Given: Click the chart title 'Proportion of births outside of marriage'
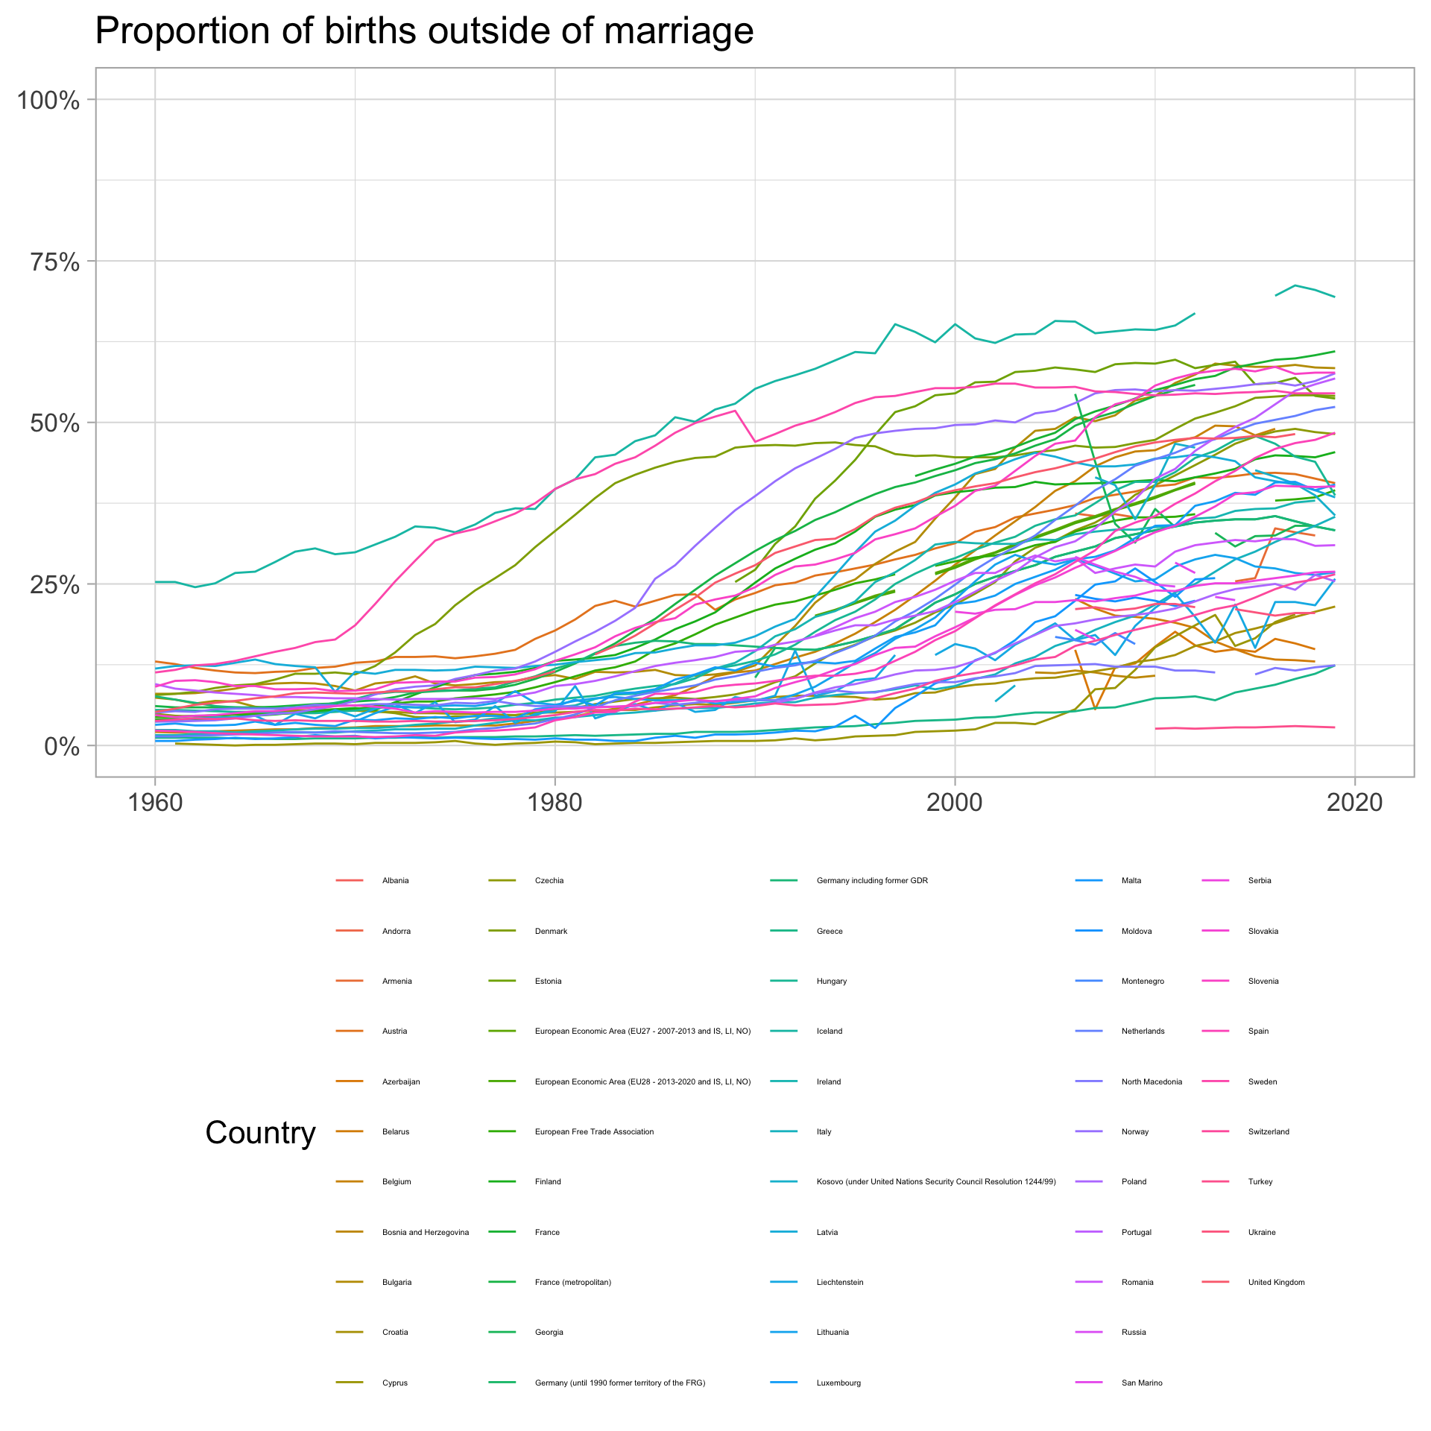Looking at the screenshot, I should [x=424, y=32].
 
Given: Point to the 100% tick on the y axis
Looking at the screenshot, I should [x=48, y=100].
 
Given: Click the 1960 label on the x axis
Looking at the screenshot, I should [x=155, y=803].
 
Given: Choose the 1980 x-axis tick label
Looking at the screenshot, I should [x=555, y=803].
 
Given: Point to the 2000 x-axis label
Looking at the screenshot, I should [x=955, y=803].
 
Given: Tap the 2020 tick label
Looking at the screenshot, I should [x=1354, y=803].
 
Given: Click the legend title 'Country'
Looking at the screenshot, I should [x=260, y=1133].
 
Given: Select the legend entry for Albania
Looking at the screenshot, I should [x=395, y=881].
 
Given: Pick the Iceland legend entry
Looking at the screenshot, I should [x=829, y=1032].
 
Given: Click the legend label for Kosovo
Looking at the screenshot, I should [x=935, y=1182].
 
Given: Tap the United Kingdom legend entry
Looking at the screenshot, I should [x=1276, y=1283].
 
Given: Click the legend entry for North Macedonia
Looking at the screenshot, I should [x=1151, y=1082].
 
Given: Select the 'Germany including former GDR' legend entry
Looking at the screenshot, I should [x=872, y=881].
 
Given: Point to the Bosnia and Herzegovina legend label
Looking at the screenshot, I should [x=426, y=1233].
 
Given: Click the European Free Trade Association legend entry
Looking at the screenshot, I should [x=594, y=1132].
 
